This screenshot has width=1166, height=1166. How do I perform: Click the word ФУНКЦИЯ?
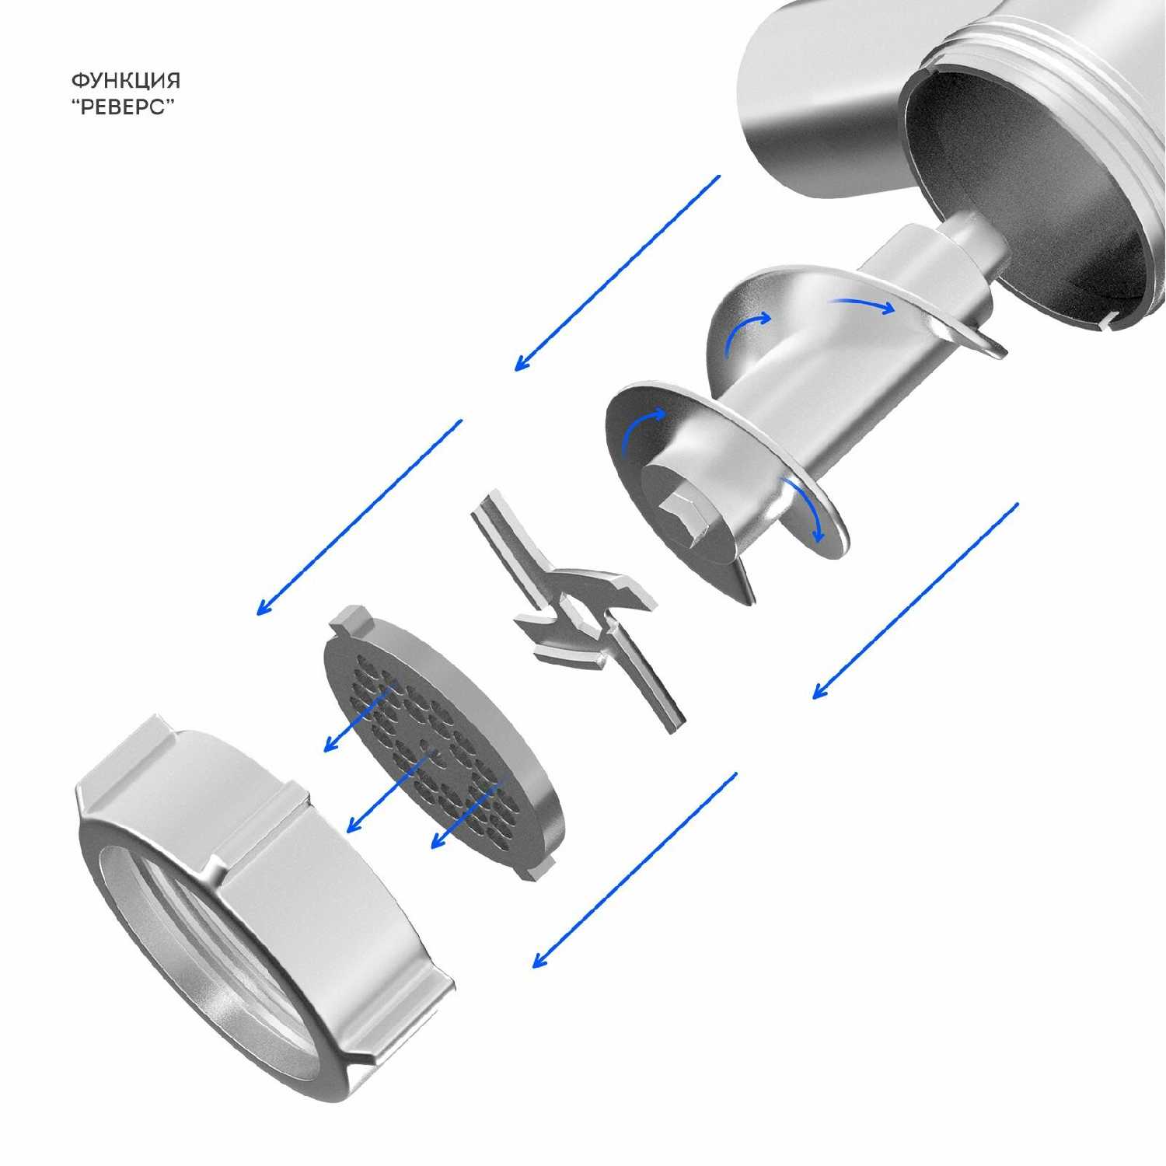click(126, 80)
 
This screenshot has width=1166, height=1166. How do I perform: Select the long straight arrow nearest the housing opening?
click(617, 273)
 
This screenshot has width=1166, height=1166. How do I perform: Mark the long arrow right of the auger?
click(915, 601)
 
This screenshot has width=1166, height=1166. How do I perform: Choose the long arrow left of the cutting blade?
click(359, 518)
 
